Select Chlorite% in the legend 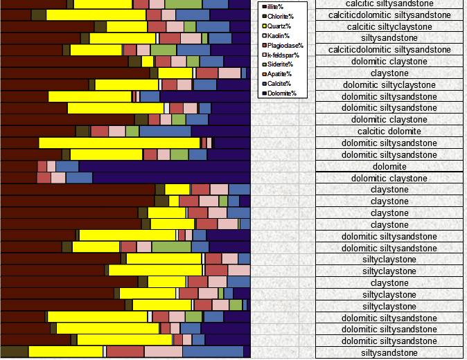coord(279,16)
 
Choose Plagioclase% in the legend coord(283,45)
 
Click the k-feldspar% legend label coord(283,55)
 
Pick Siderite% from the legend coord(279,64)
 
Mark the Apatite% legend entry coord(279,74)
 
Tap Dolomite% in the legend coord(280,93)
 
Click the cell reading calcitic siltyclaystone coord(389,26)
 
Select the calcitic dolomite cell coord(389,132)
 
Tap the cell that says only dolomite coord(389,166)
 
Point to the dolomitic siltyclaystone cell coord(389,85)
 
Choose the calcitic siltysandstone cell coord(389,3)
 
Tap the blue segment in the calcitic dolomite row coord(165,132)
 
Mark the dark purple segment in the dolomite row coord(164,166)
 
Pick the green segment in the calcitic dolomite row coord(132,132)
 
